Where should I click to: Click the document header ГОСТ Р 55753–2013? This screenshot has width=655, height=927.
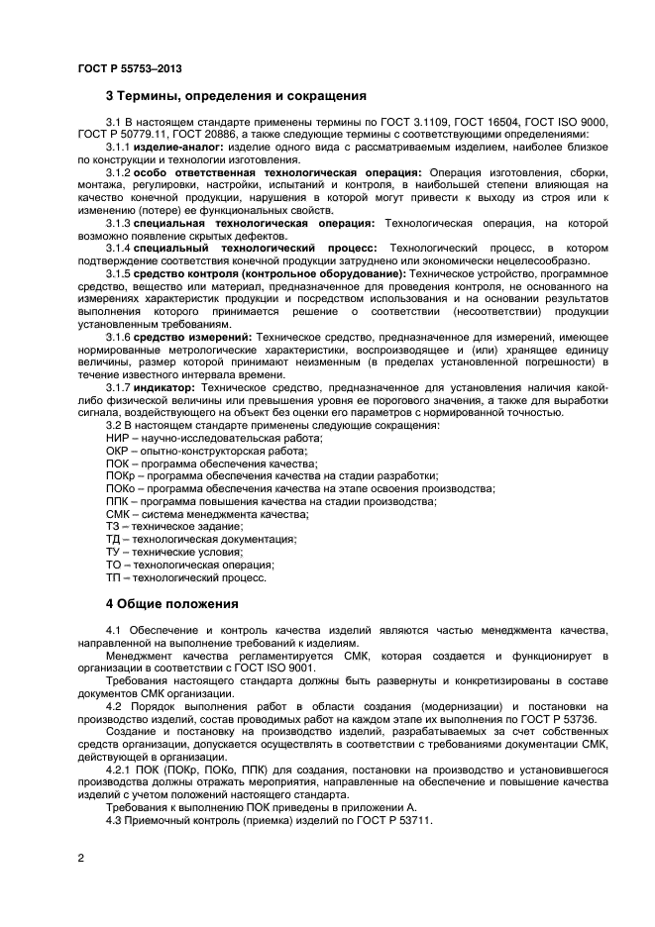pos(129,68)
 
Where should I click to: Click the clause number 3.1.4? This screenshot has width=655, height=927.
pos(119,244)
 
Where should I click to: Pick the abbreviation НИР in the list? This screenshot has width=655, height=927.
pos(117,437)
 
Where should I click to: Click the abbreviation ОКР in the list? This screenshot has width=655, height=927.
pos(117,450)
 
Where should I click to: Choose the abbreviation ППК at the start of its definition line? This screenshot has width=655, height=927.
pos(118,501)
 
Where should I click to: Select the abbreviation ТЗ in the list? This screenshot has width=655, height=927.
pos(113,526)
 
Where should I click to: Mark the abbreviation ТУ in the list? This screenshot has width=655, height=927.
pos(113,552)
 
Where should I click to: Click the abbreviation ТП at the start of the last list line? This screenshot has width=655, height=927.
pos(113,577)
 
